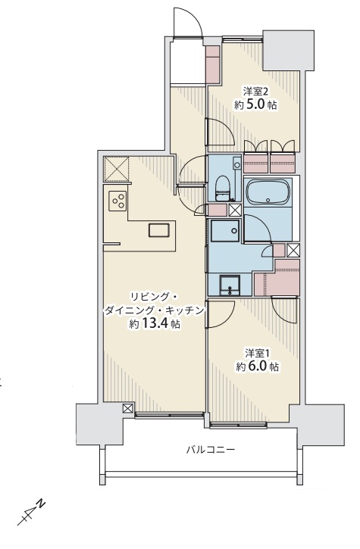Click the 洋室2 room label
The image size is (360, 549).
pyautogui.click(x=256, y=92)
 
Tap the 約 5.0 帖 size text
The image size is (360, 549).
pyautogui.click(x=255, y=104)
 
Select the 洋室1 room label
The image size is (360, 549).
pyautogui.click(x=257, y=353)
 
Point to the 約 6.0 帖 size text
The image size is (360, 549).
pyautogui.click(x=257, y=367)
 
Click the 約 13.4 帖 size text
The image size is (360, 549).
pyautogui.click(x=155, y=324)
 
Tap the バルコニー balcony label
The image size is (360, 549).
pyautogui.click(x=211, y=449)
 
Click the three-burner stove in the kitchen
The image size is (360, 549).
pyautogui.click(x=117, y=201)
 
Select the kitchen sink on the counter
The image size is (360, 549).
pyautogui.click(x=159, y=230)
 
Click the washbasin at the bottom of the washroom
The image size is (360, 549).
pyautogui.click(x=230, y=285)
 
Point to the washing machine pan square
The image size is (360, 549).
pyautogui.click(x=225, y=231)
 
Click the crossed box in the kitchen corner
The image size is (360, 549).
pyautogui.click(x=117, y=169)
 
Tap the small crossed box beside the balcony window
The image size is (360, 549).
pyautogui.click(x=128, y=408)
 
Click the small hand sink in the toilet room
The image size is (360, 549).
pyautogui.click(x=237, y=163)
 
